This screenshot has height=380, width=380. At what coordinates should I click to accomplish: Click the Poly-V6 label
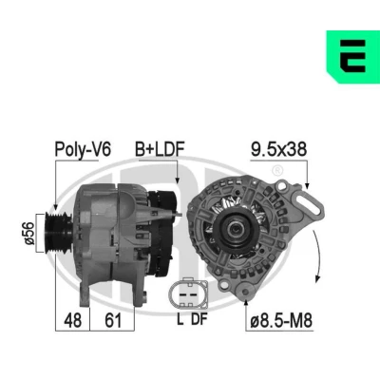[83, 149]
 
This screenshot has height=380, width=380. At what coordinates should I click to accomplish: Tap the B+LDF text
[160, 149]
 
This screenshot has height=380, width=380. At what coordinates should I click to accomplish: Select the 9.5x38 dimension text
[278, 149]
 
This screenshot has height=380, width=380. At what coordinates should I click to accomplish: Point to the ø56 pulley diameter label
[29, 234]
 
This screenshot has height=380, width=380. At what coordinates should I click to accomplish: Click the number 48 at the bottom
[72, 320]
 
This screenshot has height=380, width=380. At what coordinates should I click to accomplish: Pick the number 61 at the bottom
[113, 320]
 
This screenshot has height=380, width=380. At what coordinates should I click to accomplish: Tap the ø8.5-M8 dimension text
[281, 320]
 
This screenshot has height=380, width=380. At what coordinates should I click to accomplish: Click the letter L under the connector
[180, 319]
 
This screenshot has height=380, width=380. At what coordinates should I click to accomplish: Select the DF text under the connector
[199, 319]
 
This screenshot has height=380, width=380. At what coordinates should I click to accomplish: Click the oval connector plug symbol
[188, 294]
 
